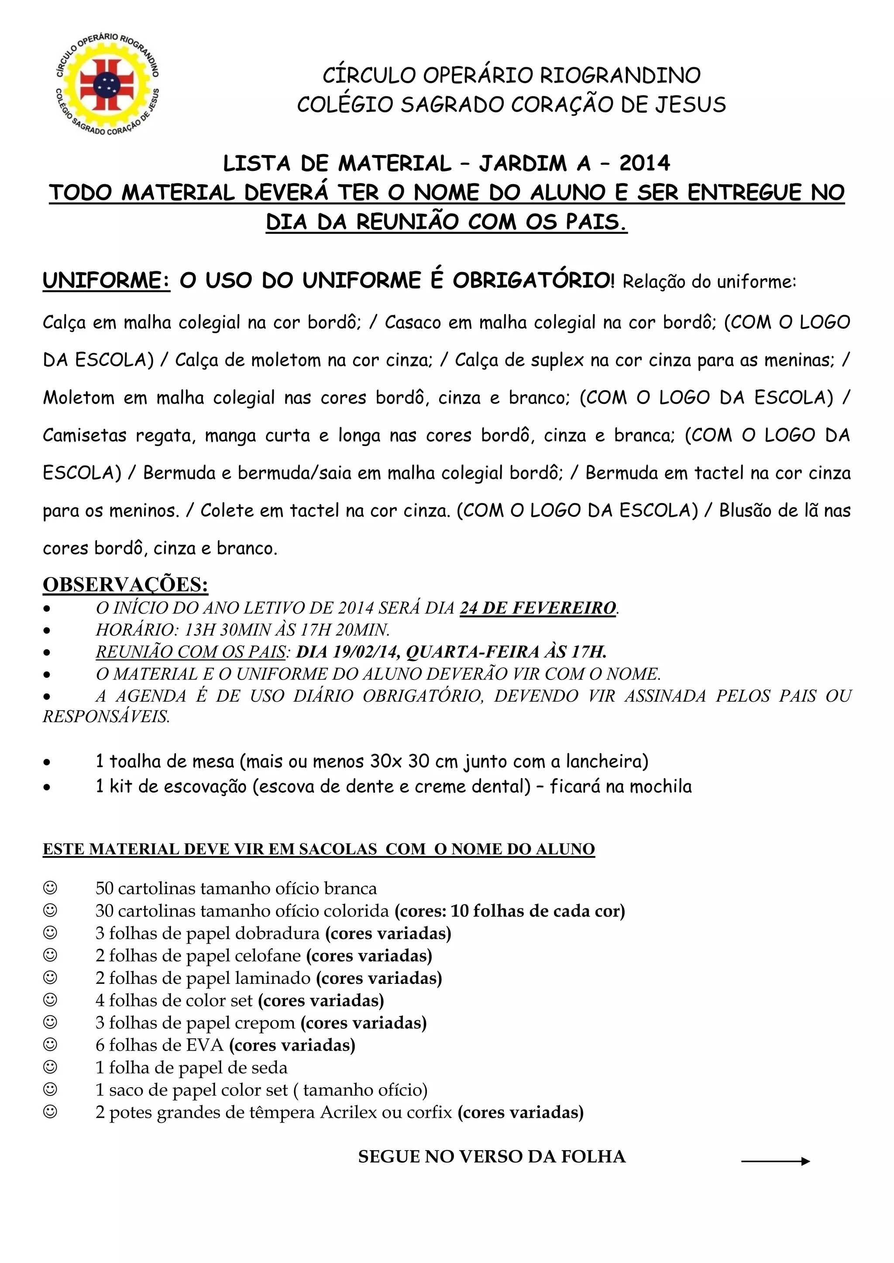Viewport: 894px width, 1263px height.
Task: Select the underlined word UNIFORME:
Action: click(106, 281)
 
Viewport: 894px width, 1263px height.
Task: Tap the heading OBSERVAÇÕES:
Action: click(126, 584)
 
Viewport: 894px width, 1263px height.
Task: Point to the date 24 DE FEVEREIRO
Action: click(538, 608)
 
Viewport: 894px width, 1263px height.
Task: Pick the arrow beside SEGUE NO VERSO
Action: click(776, 1161)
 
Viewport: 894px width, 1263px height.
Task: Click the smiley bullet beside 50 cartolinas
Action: click(50, 888)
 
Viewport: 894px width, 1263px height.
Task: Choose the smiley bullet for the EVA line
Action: click(50, 1045)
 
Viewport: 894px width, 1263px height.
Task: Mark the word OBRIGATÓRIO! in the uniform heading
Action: click(533, 281)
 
